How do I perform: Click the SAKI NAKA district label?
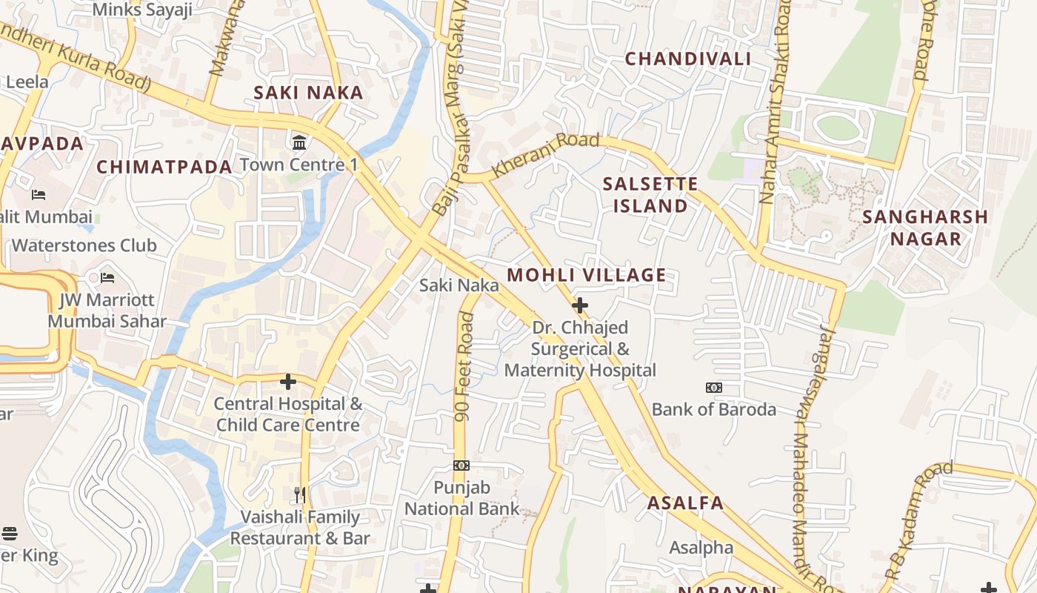308,93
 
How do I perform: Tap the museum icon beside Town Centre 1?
300,142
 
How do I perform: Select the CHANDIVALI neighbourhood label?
687,59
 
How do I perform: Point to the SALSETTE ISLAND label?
650,195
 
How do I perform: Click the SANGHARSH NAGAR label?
925,228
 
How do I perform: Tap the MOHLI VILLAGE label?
586,275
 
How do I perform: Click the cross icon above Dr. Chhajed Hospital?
580,305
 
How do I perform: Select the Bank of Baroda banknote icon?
713,388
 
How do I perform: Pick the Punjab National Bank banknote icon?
461,466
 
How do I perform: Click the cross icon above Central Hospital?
288,382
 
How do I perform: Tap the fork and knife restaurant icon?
300,495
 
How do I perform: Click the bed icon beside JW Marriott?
107,278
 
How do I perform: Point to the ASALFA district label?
685,503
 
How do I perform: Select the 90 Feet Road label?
464,367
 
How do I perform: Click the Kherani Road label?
545,153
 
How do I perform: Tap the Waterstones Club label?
84,245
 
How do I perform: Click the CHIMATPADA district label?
164,167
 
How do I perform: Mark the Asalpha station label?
701,548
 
